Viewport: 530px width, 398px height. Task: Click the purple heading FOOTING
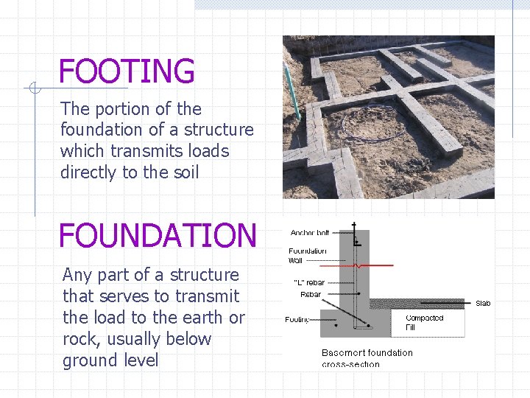[127, 71]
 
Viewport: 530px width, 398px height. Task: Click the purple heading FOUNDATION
[158, 236]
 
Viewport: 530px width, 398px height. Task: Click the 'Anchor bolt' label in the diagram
[310, 233]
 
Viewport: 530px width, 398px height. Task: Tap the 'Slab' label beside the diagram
[483, 303]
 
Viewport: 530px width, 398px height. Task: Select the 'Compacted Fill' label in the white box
[425, 322]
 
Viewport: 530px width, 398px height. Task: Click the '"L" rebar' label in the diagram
[309, 282]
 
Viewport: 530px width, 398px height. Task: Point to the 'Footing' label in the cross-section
[298, 319]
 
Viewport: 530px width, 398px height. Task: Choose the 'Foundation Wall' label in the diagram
[307, 255]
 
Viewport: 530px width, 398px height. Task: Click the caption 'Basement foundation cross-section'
[367, 357]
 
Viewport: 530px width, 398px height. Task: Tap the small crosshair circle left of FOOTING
[33, 88]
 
